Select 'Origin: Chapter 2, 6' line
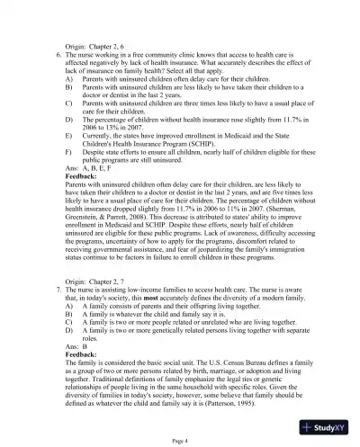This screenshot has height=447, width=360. pos(102,44)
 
